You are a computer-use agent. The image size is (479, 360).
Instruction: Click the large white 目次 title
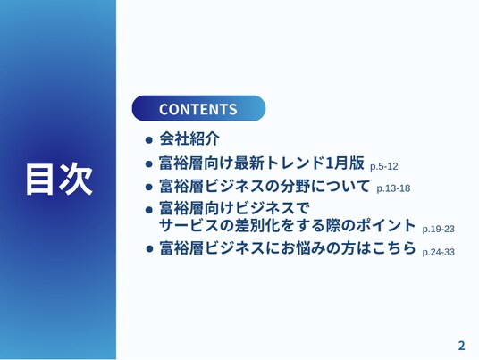point(59,180)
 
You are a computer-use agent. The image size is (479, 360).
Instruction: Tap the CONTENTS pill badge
point(198,108)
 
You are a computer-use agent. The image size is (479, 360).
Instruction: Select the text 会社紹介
point(189,138)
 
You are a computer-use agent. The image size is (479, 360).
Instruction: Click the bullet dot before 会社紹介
point(148,140)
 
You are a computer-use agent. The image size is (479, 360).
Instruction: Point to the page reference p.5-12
point(384,167)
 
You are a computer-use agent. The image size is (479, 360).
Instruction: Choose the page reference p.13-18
point(393,188)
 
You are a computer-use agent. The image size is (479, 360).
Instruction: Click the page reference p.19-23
point(439,229)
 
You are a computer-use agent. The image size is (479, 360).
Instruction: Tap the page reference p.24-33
point(439,252)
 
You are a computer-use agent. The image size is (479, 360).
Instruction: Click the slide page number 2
point(461,346)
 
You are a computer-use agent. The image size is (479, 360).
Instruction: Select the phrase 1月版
point(345,163)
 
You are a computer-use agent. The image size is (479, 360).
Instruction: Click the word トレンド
point(294,163)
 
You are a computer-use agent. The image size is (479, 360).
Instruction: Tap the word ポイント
point(386,225)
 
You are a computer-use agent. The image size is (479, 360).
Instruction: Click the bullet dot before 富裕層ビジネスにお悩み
point(149,248)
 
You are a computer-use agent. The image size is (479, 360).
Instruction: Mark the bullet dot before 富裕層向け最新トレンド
point(148,164)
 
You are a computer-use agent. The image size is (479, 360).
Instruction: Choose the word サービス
point(189,225)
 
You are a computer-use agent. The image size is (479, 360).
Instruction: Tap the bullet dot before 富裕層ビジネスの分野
point(148,187)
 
